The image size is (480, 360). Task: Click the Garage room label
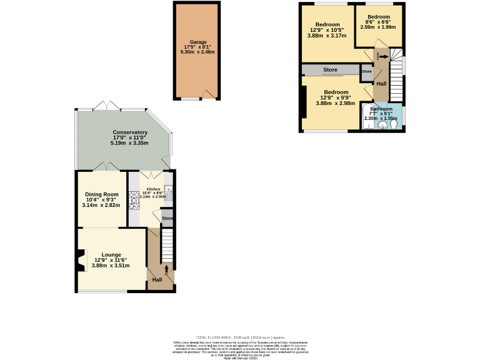(197, 42)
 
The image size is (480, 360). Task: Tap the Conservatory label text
(130, 132)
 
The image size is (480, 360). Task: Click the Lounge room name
(111, 254)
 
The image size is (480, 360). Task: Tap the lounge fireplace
(80, 261)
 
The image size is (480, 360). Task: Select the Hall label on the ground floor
(157, 279)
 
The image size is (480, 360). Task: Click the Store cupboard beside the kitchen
(167, 218)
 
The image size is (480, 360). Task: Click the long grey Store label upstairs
(330, 69)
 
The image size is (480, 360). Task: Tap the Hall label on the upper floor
(381, 82)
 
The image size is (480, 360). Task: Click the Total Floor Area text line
(240, 336)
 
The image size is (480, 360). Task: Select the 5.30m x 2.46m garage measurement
(197, 52)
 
